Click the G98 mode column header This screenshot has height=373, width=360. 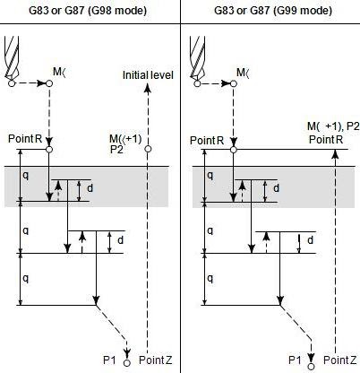pos(88,11)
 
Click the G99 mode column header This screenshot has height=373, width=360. pos(273,11)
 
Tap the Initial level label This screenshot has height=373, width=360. pos(148,75)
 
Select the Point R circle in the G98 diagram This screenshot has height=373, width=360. pos(49,149)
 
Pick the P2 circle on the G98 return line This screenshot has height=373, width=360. pos(148,149)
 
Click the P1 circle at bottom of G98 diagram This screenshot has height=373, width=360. pos(127,363)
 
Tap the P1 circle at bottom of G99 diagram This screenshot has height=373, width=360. pos(312,367)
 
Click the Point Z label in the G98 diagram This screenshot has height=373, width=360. pos(156,360)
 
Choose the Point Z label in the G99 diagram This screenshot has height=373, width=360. pos(340,360)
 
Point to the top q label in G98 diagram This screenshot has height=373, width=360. pos(26,176)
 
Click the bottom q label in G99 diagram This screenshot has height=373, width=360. pos(210,279)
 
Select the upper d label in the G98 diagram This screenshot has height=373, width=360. pos(90,188)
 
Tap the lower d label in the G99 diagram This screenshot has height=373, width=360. pos(310,240)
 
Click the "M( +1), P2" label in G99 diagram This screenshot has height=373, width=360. pos(333,126)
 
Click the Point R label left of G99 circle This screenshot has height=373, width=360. pos(207,140)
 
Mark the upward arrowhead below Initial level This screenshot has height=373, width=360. pos(148,89)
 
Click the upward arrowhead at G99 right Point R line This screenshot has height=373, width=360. pos(336,153)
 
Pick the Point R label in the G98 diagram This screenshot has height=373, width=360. pos(25,139)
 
